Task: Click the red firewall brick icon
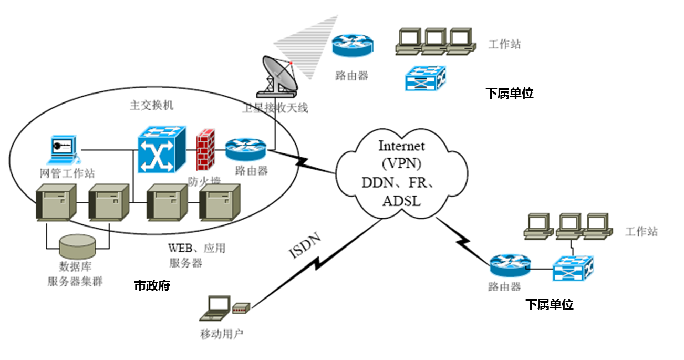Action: tap(205, 150)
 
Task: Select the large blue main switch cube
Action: tap(161, 150)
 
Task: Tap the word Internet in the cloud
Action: tap(401, 146)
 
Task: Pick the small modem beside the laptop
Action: tap(242, 309)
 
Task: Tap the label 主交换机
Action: tap(151, 105)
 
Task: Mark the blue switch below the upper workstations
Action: tap(425, 78)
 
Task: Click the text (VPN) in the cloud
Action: tap(401, 163)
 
